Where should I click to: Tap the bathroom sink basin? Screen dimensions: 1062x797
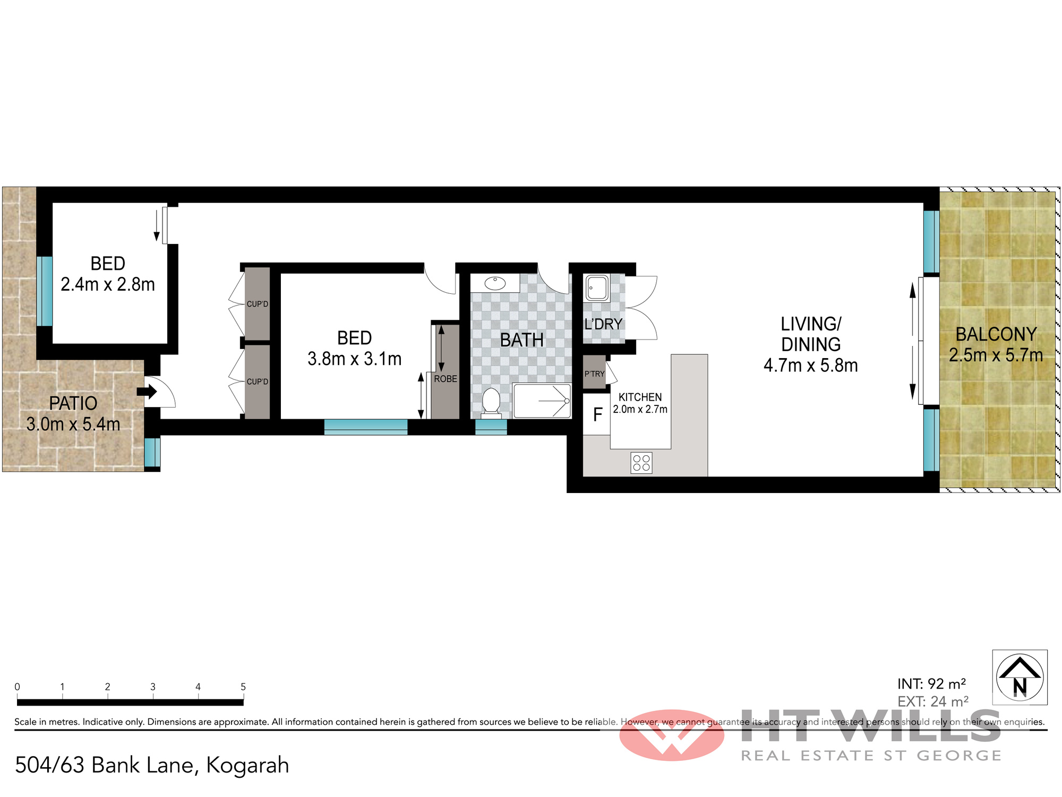[495, 283]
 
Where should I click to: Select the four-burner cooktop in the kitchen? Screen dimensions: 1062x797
[641, 463]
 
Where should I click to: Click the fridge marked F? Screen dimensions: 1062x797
[597, 414]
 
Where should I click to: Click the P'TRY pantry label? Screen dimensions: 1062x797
[595, 374]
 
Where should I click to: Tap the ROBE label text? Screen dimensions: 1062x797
[446, 379]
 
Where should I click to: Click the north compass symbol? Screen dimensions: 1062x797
[1020, 677]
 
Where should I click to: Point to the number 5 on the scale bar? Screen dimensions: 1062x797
[243, 686]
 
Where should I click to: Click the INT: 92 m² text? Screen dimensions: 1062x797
[931, 684]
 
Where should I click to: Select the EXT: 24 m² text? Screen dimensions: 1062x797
[933, 701]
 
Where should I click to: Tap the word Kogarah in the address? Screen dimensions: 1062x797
[247, 766]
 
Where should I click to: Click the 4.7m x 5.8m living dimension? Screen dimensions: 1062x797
[811, 366]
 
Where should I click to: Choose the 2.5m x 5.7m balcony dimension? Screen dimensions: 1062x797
[996, 355]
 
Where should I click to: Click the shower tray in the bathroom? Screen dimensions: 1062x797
[542, 400]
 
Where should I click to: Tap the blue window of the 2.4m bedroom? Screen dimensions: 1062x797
[45, 291]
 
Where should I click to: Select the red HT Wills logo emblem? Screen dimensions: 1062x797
[672, 735]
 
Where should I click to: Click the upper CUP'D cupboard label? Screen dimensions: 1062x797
[258, 304]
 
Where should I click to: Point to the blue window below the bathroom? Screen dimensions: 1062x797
[491, 427]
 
